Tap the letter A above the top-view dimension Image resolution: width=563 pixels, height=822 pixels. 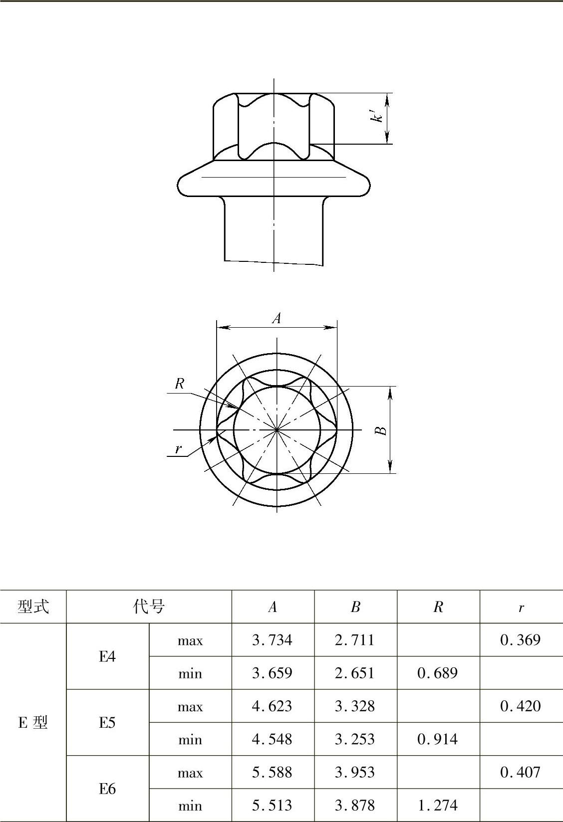[x=277, y=318]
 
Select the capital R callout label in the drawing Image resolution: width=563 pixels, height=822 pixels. [x=180, y=384]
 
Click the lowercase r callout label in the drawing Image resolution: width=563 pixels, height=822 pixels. [x=179, y=448]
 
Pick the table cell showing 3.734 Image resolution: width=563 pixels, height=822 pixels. [x=272, y=640]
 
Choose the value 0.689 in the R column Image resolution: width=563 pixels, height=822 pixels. [x=438, y=673]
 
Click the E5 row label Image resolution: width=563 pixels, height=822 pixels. [x=107, y=723]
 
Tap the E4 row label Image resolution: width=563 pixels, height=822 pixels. [x=107, y=656]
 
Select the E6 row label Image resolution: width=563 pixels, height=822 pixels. [x=107, y=789]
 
